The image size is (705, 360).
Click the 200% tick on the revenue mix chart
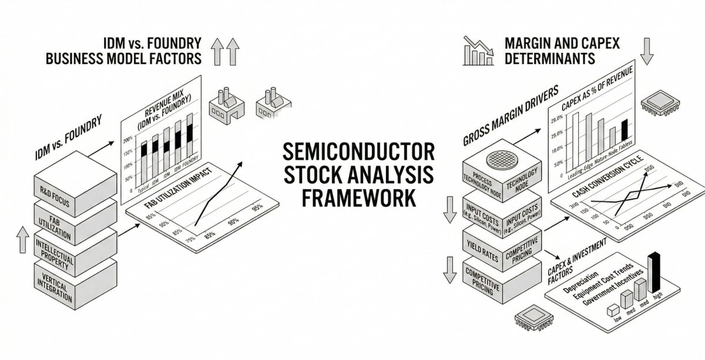click(x=127, y=142)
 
